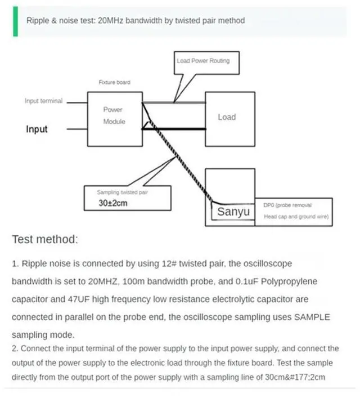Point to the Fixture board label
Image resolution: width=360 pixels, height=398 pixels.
click(114, 82)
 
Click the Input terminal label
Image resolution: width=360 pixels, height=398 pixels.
click(43, 101)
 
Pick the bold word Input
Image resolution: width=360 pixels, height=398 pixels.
click(37, 129)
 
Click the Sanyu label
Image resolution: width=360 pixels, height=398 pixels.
click(233, 213)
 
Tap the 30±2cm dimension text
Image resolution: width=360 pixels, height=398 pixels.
click(113, 203)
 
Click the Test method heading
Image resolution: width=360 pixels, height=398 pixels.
click(45, 239)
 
